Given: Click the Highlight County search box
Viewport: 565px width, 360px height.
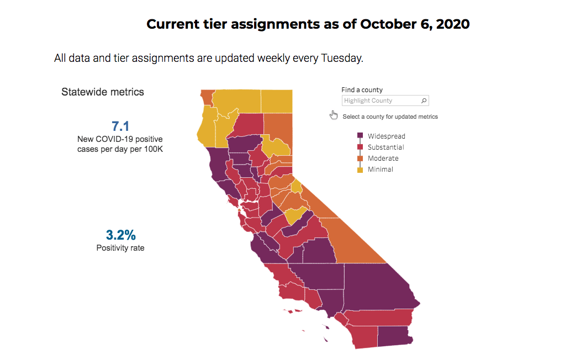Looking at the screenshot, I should click(381, 100).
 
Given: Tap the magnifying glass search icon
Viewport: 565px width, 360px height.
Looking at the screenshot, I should click(424, 100).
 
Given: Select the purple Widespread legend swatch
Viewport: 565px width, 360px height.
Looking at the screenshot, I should click(360, 136).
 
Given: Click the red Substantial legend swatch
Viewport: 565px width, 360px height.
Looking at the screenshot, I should click(360, 147).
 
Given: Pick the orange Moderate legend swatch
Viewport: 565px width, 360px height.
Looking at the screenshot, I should click(360, 158).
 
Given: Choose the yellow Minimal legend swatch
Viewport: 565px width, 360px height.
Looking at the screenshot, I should click(360, 170).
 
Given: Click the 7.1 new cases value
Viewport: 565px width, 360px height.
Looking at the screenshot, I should click(120, 126).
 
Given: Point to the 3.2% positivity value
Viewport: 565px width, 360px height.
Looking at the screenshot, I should click(120, 235).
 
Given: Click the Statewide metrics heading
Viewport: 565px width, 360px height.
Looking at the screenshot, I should click(103, 92).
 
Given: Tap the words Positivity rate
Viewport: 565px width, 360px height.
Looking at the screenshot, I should click(120, 248).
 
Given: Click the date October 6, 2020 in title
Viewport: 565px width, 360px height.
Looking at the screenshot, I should click(415, 24).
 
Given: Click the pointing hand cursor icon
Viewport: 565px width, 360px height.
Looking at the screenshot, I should click(334, 115).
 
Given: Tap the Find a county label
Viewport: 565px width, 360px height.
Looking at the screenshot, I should click(362, 89).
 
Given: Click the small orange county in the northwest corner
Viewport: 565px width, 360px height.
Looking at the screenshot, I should click(207, 97).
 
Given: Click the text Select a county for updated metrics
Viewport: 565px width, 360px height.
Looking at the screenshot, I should click(390, 117).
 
